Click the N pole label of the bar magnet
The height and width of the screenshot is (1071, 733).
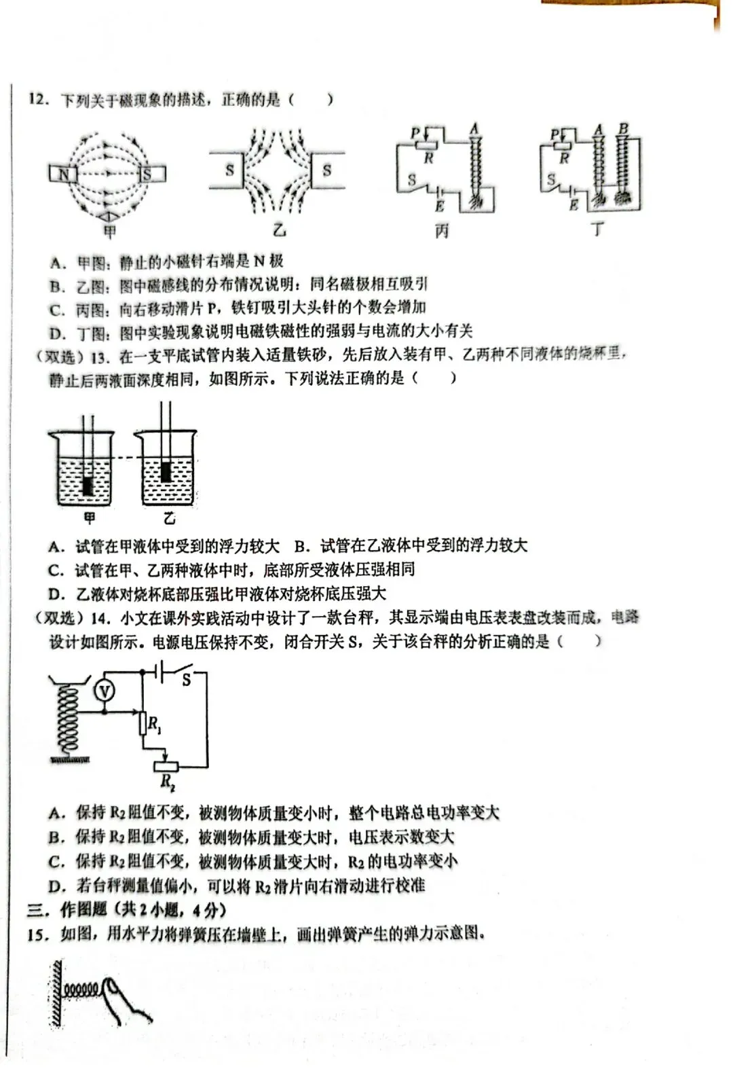[62, 175]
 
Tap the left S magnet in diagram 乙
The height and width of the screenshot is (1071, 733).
[229, 170]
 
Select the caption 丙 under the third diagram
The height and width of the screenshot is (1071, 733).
[442, 232]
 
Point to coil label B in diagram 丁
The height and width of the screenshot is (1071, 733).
[623, 128]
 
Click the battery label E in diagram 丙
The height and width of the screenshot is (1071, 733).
[440, 205]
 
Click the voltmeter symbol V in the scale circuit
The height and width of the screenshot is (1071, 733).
[104, 691]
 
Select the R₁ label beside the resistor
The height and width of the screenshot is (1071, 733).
[155, 725]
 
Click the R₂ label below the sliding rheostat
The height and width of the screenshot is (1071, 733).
[168, 782]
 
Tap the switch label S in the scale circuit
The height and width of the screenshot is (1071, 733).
[186, 678]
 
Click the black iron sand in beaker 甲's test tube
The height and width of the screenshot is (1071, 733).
[87, 486]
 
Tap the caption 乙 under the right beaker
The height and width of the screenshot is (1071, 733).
[169, 519]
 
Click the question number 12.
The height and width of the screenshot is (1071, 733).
[38, 100]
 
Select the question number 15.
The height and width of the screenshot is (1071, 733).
[38, 935]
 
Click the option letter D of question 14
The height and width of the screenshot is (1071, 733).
[56, 886]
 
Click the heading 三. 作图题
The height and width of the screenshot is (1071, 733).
[68, 910]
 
